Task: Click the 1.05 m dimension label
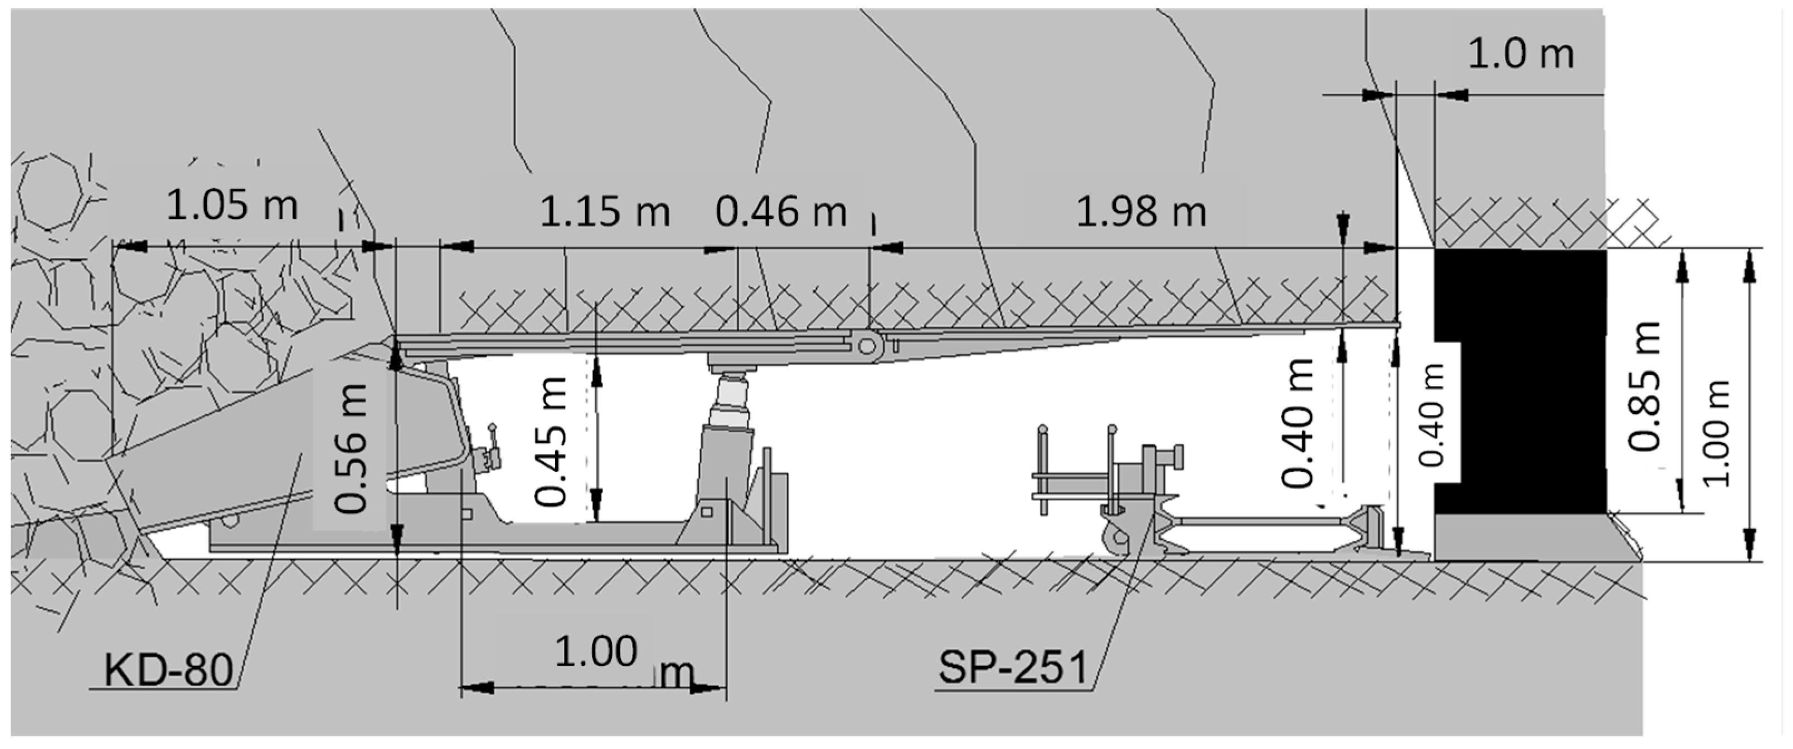[x=232, y=206]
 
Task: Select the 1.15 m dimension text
[x=604, y=212]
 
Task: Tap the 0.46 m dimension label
[x=780, y=212]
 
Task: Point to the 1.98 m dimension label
[x=1141, y=212]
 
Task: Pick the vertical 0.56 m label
[x=350, y=449]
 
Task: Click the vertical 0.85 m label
[x=1646, y=386]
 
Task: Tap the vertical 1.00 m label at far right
[x=1717, y=433]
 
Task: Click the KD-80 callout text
[x=168, y=670]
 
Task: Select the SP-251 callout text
[x=1013, y=668]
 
